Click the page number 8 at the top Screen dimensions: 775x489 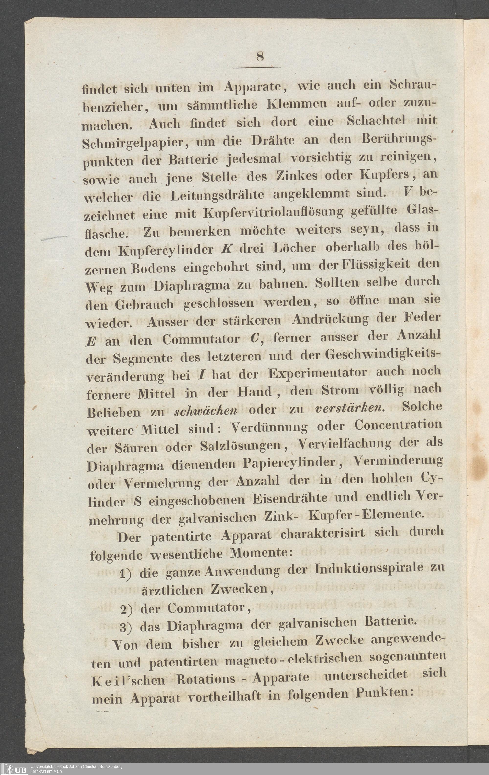[260, 57]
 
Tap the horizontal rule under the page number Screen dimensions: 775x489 [256, 67]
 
